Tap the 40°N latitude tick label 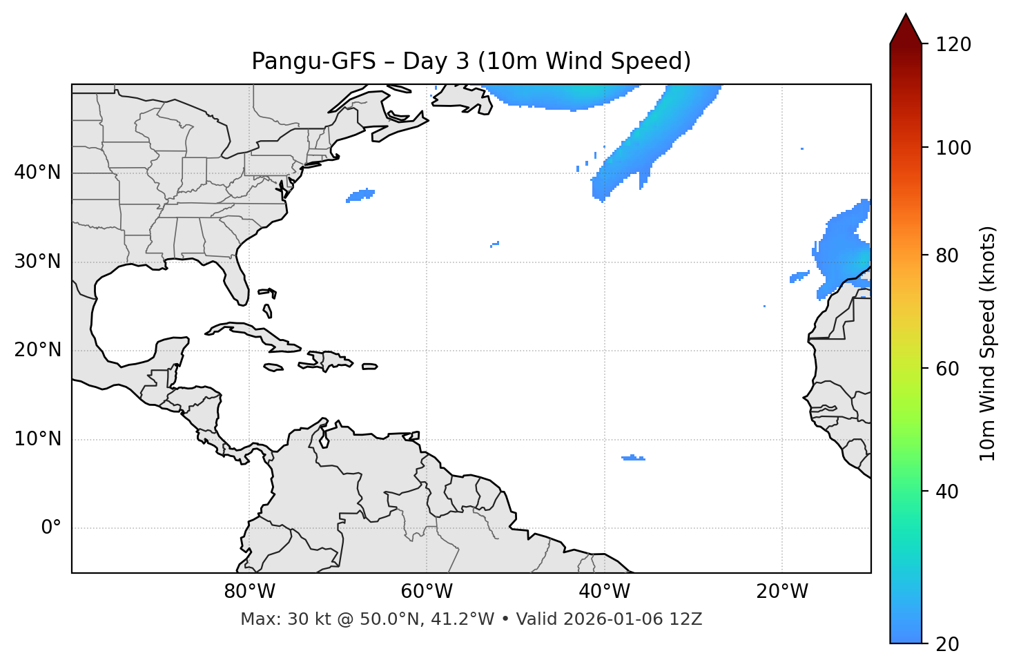point(37,173)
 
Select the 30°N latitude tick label point(37,262)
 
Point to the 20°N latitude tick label point(37,350)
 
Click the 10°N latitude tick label point(37,439)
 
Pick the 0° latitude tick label point(51,528)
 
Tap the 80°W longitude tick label point(249,592)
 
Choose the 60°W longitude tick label point(427,592)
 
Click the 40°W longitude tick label point(605,592)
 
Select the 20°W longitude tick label point(782,592)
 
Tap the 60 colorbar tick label point(948,369)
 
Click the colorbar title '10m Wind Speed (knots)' point(988,343)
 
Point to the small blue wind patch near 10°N point(633,458)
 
